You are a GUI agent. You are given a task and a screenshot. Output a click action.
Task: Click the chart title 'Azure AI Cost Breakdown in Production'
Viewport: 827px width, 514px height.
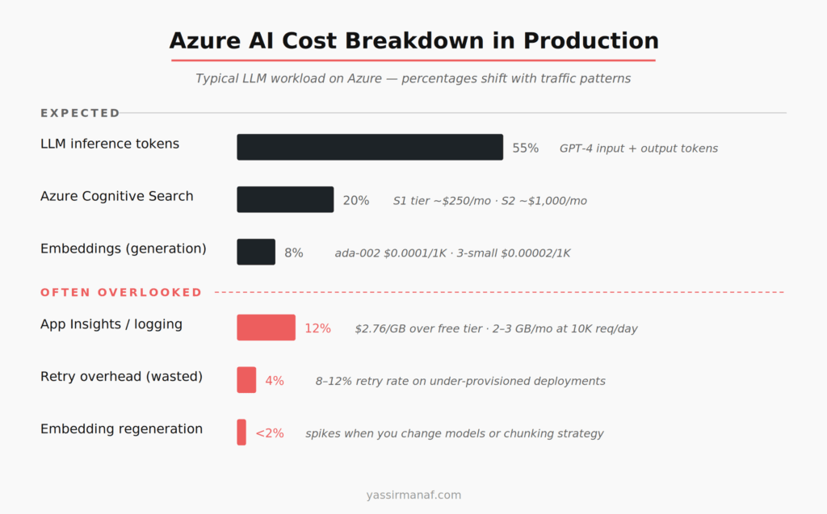[413, 40]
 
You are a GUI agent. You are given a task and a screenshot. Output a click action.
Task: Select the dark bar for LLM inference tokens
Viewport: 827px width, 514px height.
[370, 148]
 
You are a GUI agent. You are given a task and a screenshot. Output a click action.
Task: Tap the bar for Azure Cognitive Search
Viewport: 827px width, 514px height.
[285, 200]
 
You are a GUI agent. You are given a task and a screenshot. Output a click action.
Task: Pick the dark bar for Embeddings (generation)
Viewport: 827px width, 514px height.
[256, 252]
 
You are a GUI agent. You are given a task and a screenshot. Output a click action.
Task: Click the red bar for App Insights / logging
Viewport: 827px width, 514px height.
[266, 328]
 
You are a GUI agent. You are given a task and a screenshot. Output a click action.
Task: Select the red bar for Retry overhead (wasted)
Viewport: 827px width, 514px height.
[246, 380]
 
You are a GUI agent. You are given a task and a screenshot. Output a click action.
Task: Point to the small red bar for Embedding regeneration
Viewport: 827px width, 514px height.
[241, 433]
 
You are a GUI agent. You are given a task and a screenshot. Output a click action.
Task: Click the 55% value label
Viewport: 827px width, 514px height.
[525, 148]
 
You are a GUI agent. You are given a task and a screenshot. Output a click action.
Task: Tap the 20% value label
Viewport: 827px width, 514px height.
[355, 200]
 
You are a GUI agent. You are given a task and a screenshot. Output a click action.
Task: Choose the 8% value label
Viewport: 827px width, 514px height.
[294, 253]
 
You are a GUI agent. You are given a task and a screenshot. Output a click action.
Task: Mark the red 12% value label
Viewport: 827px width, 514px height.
[317, 328]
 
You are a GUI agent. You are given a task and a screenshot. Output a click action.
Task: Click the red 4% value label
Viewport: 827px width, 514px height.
[275, 381]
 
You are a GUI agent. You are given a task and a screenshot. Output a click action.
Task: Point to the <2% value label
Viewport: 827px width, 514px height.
[270, 433]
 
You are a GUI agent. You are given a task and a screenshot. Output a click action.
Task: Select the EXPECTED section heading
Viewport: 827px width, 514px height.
[80, 113]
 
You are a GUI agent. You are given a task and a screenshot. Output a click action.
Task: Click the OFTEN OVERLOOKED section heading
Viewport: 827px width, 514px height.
[121, 292]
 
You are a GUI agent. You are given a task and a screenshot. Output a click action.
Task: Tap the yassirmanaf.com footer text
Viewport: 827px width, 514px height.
[413, 495]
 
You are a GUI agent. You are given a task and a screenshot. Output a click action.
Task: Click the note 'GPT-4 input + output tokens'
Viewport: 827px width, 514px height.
[639, 148]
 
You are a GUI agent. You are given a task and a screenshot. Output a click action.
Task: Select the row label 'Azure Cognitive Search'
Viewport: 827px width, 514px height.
[117, 196]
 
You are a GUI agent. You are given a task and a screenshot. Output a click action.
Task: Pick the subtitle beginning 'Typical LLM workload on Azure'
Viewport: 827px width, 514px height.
[413, 79]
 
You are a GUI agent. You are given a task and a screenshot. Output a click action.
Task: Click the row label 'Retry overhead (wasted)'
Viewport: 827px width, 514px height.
[121, 376]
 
